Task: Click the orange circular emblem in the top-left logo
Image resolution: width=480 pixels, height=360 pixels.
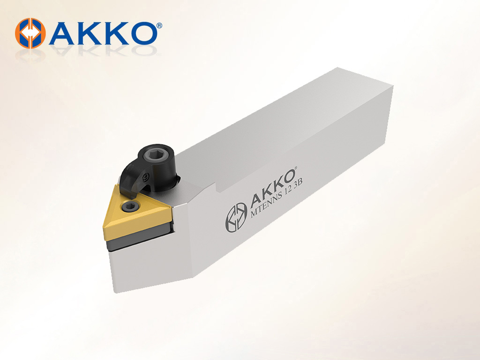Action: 30,33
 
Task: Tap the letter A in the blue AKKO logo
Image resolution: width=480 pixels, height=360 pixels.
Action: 63,33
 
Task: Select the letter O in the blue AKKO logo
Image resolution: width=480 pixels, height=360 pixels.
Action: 140,33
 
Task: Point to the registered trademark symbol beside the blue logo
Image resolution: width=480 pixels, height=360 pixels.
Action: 159,26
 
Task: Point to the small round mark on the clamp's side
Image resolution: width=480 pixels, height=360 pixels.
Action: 146,177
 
